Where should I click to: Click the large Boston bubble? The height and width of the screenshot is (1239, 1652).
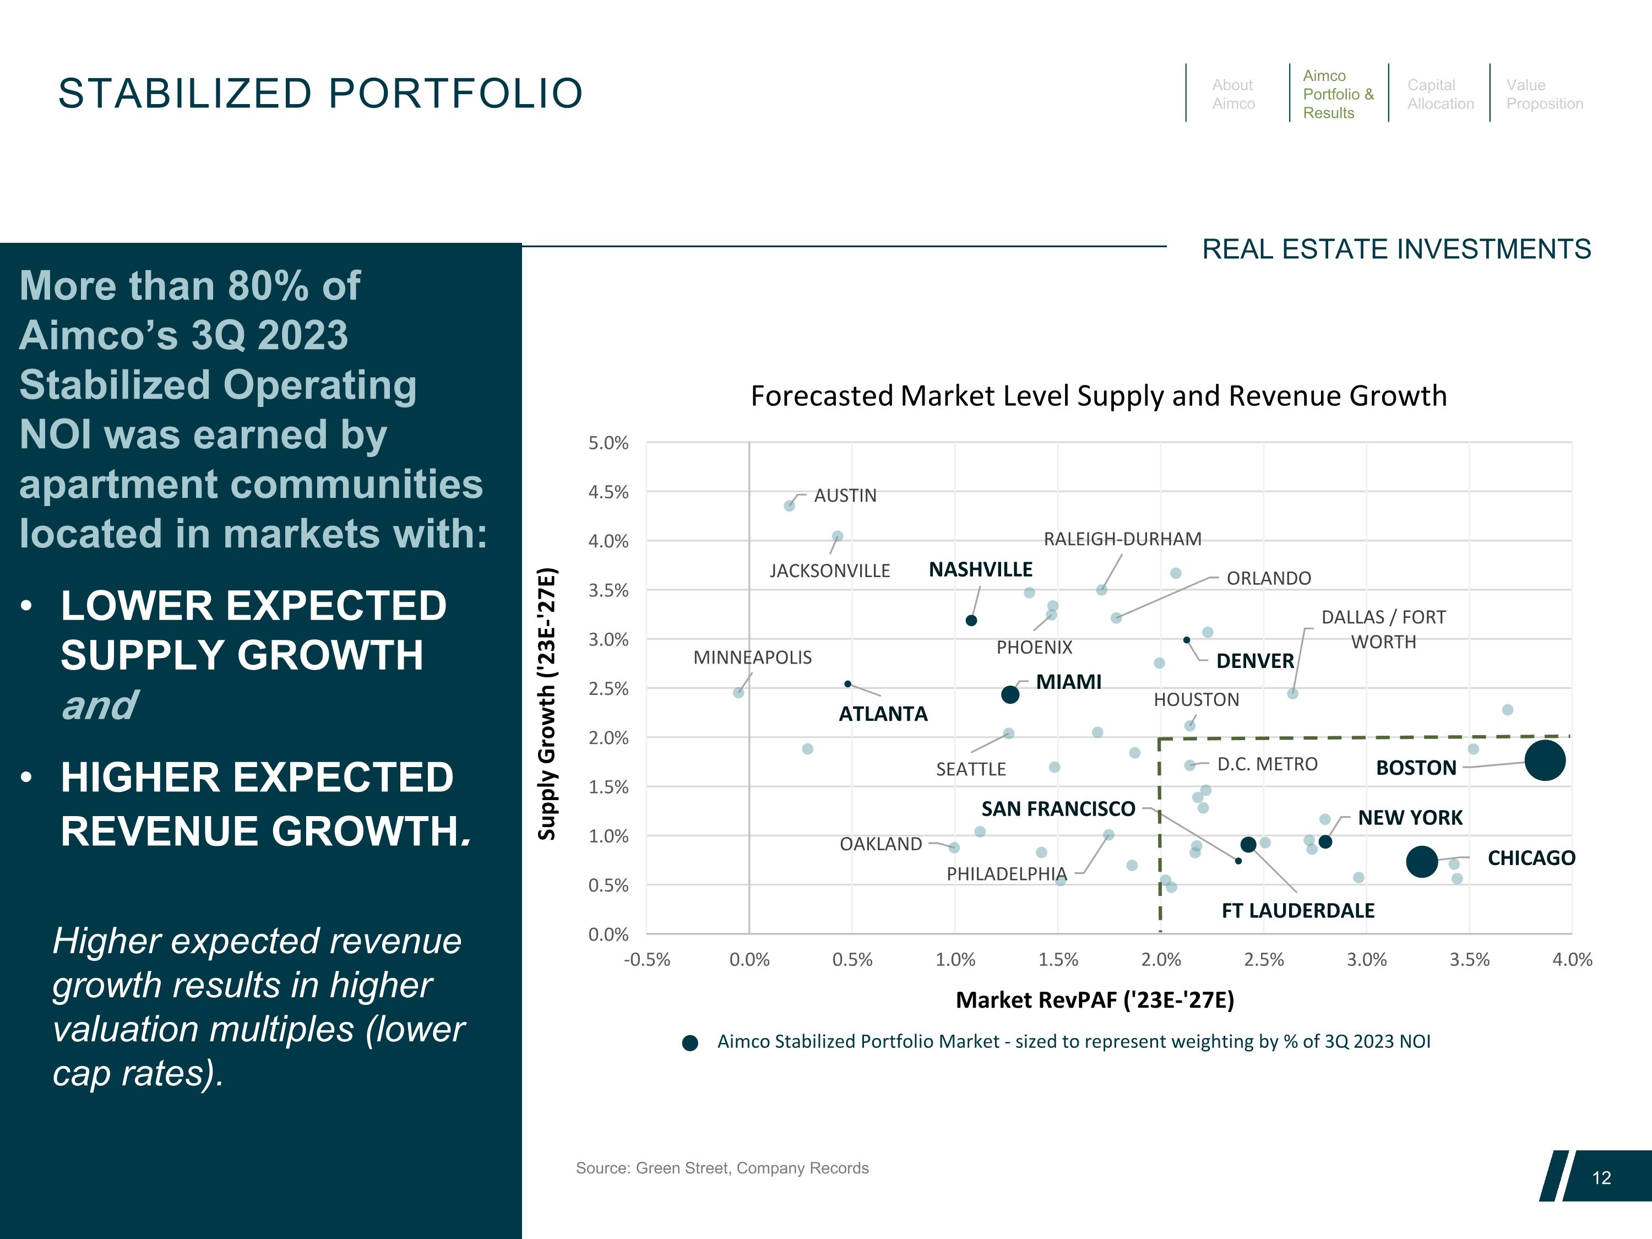(1545, 760)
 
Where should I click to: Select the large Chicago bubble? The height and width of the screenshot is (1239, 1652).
(1421, 861)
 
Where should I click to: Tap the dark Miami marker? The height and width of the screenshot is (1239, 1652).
(1010, 694)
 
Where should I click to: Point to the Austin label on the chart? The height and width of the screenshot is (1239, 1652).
(845, 495)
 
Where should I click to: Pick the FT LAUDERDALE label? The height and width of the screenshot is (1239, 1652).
(1297, 910)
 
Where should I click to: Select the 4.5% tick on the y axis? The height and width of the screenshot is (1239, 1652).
(608, 492)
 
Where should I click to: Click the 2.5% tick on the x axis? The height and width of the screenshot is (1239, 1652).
(1264, 960)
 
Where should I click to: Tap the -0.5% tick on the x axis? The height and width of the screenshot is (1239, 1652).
(647, 960)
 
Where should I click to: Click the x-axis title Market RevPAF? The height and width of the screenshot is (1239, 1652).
(1095, 999)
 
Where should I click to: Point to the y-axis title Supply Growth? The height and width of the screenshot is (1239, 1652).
(547, 704)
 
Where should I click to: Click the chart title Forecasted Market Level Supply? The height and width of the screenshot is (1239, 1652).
(1099, 396)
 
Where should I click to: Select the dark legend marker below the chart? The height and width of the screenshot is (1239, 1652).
(690, 1042)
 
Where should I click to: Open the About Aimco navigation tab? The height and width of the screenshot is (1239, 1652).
(1233, 94)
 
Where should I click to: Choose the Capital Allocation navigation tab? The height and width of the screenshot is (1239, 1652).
(1440, 94)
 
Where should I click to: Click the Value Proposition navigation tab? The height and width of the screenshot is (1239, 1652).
(1544, 94)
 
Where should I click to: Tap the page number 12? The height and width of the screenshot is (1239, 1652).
(1601, 1178)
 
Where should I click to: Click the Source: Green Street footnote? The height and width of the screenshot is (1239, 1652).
(721, 1168)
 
